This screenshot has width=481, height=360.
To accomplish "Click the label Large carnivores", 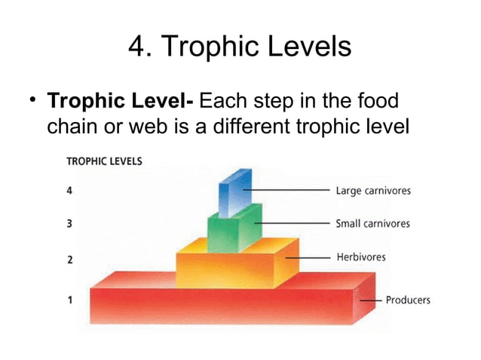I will tap(373, 191).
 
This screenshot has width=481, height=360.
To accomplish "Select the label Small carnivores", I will tap(372, 224).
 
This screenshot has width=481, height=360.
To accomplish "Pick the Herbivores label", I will tap(360, 257).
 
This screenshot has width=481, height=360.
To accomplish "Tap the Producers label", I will tap(408, 300).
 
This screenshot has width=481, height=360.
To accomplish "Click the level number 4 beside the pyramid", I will tap(69, 191).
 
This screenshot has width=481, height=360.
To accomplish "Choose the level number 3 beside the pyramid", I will tap(69, 224).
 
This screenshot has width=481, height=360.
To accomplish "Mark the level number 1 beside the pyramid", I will tap(69, 300).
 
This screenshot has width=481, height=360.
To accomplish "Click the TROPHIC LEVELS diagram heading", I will tap(105, 160).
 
